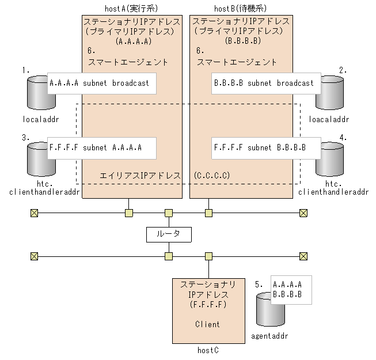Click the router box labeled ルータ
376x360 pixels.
168,234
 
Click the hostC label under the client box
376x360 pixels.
207,350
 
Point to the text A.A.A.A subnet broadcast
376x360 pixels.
99,83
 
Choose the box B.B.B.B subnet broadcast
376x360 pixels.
264,83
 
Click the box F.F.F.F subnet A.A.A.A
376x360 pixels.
95,147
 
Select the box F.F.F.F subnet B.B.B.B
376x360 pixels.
259,147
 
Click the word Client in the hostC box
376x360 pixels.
207,324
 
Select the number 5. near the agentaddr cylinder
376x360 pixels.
259,284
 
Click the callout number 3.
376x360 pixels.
25,137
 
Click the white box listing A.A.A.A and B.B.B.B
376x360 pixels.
290,289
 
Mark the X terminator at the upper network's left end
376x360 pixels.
34,213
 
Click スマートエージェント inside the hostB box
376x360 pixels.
237,62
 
